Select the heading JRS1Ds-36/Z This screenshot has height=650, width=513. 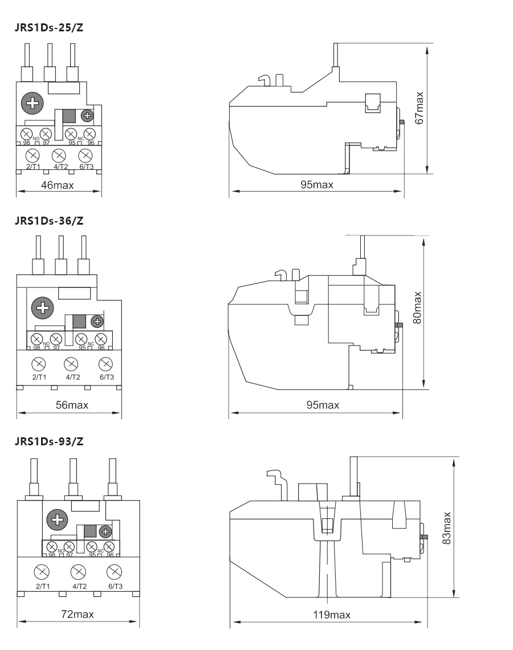49,221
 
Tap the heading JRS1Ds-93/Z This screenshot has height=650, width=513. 49,441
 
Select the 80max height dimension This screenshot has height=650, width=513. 418,308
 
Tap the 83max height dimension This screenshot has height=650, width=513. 447,527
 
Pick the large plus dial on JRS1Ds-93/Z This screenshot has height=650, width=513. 56,519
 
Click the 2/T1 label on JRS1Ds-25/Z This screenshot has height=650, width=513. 33,166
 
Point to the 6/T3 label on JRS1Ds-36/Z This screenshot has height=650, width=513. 105,377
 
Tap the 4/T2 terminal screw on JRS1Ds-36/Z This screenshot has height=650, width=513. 71,363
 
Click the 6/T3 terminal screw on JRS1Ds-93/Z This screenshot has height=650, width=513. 115,571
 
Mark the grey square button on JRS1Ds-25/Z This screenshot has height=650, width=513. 70,115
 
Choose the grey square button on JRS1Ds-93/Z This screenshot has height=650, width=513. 90,531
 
